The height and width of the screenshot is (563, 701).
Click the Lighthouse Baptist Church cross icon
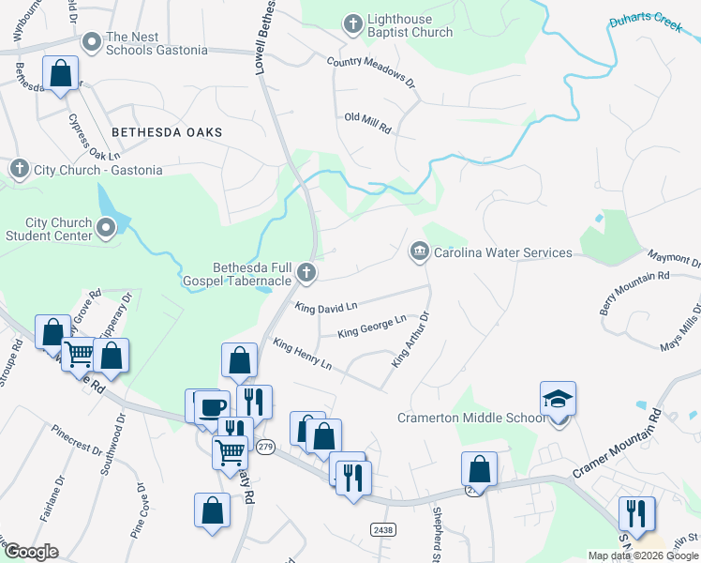[x=352, y=24]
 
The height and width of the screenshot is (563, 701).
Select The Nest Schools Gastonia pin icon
[x=92, y=42]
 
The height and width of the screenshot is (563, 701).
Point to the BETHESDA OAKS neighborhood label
[x=167, y=132]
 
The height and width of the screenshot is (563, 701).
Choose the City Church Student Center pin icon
[x=106, y=227]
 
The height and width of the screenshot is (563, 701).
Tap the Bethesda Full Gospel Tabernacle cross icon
[x=305, y=273]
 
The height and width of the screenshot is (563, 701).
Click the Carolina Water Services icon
[x=419, y=251]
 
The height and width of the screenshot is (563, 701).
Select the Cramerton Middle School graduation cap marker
[x=558, y=399]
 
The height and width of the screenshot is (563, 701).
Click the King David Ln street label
[x=326, y=307]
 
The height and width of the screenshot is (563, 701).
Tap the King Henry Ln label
[x=301, y=353]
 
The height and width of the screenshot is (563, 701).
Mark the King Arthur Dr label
[x=410, y=340]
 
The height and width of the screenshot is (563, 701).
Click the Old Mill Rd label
[x=367, y=122]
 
